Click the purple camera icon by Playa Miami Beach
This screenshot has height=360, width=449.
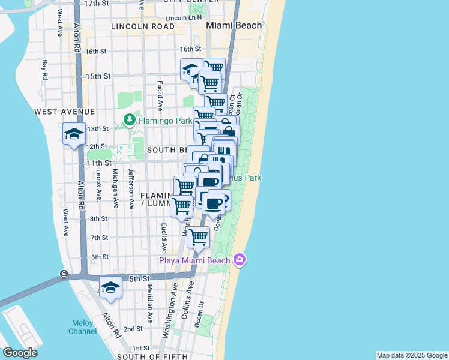[240, 259]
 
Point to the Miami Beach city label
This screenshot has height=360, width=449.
[234, 25]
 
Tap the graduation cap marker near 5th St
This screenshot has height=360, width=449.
[110, 289]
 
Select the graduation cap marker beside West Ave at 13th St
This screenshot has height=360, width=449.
[74, 133]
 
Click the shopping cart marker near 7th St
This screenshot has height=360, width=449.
[198, 237]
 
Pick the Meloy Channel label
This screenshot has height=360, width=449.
[82, 327]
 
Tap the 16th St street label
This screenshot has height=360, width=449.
[190, 49]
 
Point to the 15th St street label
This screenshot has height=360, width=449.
[98, 76]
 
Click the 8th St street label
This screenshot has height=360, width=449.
[99, 219]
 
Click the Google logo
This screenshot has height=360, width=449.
[19, 353]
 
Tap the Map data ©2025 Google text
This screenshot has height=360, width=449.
[412, 355]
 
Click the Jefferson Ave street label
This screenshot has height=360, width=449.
[131, 188]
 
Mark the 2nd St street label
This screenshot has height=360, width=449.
[133, 329]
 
